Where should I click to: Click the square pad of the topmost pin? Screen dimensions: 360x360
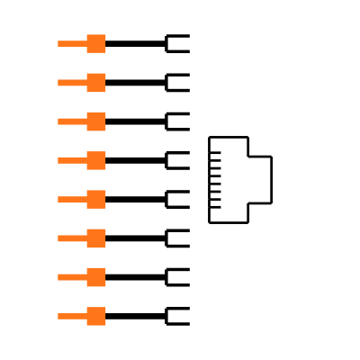point(96,43)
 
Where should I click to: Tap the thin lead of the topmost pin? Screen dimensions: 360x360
point(72,43)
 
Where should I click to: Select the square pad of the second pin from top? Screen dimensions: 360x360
point(96,83)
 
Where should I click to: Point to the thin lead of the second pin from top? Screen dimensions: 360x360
point(72,83)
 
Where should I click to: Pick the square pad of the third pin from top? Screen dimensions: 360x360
point(96,121)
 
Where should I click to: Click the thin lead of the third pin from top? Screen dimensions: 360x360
point(72,121)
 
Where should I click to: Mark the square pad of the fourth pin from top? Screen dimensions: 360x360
point(96,160)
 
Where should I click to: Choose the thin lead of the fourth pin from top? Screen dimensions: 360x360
point(72,160)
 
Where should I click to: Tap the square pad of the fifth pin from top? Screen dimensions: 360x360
point(96,199)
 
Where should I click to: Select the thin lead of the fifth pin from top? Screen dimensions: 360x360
point(72,199)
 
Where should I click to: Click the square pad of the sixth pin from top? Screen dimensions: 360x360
point(96,238)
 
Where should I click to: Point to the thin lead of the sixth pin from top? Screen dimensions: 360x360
point(72,238)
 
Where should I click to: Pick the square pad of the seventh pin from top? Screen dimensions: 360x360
point(96,277)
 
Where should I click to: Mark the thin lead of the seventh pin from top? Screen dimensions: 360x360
point(72,277)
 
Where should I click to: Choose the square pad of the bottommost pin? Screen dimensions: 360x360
point(96,316)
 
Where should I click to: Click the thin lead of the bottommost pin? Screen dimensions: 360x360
point(72,316)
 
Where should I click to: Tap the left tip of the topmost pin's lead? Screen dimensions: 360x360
point(59,43)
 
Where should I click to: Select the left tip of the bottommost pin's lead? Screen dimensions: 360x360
point(59,316)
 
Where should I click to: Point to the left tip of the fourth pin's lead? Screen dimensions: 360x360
point(59,160)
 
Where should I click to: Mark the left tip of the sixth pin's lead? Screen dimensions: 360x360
point(59,238)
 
